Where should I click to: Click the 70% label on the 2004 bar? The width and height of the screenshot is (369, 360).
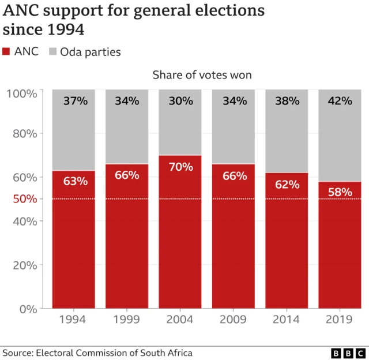coord(180,167)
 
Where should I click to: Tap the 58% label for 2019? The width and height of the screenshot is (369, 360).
coord(340,192)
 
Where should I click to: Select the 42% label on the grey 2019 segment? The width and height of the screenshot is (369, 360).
coord(340,101)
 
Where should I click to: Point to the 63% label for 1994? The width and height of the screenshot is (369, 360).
coord(75,181)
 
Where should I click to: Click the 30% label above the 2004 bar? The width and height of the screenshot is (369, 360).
coord(180,101)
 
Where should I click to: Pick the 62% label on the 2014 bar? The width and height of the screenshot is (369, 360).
coord(287,184)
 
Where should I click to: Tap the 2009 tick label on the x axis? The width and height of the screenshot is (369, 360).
coord(234,320)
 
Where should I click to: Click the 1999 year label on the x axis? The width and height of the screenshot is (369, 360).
coord(127,320)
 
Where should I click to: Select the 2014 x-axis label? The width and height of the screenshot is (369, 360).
coord(287,320)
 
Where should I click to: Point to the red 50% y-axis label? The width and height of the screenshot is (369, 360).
coord(25,199)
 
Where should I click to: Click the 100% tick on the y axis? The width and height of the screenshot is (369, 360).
coord(22,93)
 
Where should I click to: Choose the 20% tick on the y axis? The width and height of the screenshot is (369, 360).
coord(25,265)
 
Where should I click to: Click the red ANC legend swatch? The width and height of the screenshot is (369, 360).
coord(7,52)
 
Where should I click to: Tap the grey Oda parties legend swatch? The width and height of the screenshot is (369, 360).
coord(52,52)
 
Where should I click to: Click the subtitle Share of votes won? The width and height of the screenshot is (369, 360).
coord(202,75)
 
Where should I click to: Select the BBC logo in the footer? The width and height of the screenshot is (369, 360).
coord(348,353)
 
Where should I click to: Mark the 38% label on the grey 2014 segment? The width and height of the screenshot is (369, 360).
coord(287,101)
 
